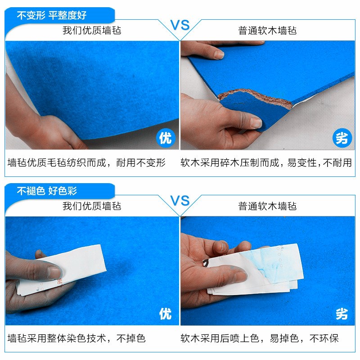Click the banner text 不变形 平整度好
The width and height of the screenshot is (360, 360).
point(52,15)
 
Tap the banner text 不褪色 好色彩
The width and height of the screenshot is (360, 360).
point(47,191)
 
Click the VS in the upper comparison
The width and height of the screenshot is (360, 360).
point(180,25)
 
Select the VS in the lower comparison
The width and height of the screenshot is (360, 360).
point(180,201)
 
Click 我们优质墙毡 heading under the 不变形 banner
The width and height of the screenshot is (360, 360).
point(92,31)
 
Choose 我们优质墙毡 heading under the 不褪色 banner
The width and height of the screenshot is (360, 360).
point(92,207)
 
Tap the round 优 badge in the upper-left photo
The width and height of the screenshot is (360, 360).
point(165,138)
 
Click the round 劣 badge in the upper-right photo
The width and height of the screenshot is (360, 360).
point(342,138)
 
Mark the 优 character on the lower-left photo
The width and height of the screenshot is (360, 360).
point(165,313)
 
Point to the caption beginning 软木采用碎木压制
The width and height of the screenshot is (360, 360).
point(266,163)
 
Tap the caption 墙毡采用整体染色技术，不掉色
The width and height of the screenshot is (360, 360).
point(77,338)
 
